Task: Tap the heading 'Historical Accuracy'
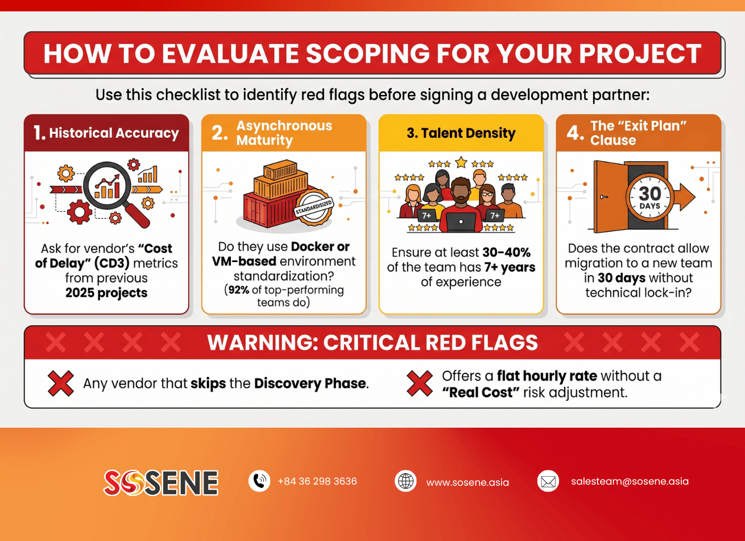point(114,133)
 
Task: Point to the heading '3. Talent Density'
point(461,133)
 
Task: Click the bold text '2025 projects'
point(106,293)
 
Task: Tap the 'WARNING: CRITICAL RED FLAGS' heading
point(372,343)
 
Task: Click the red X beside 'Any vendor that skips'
point(60,383)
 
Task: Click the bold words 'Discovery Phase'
point(310,383)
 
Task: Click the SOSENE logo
point(161,482)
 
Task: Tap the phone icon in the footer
point(259,481)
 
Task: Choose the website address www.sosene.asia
point(467,482)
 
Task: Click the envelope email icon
point(548,482)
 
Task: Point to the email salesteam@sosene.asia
point(630,481)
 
